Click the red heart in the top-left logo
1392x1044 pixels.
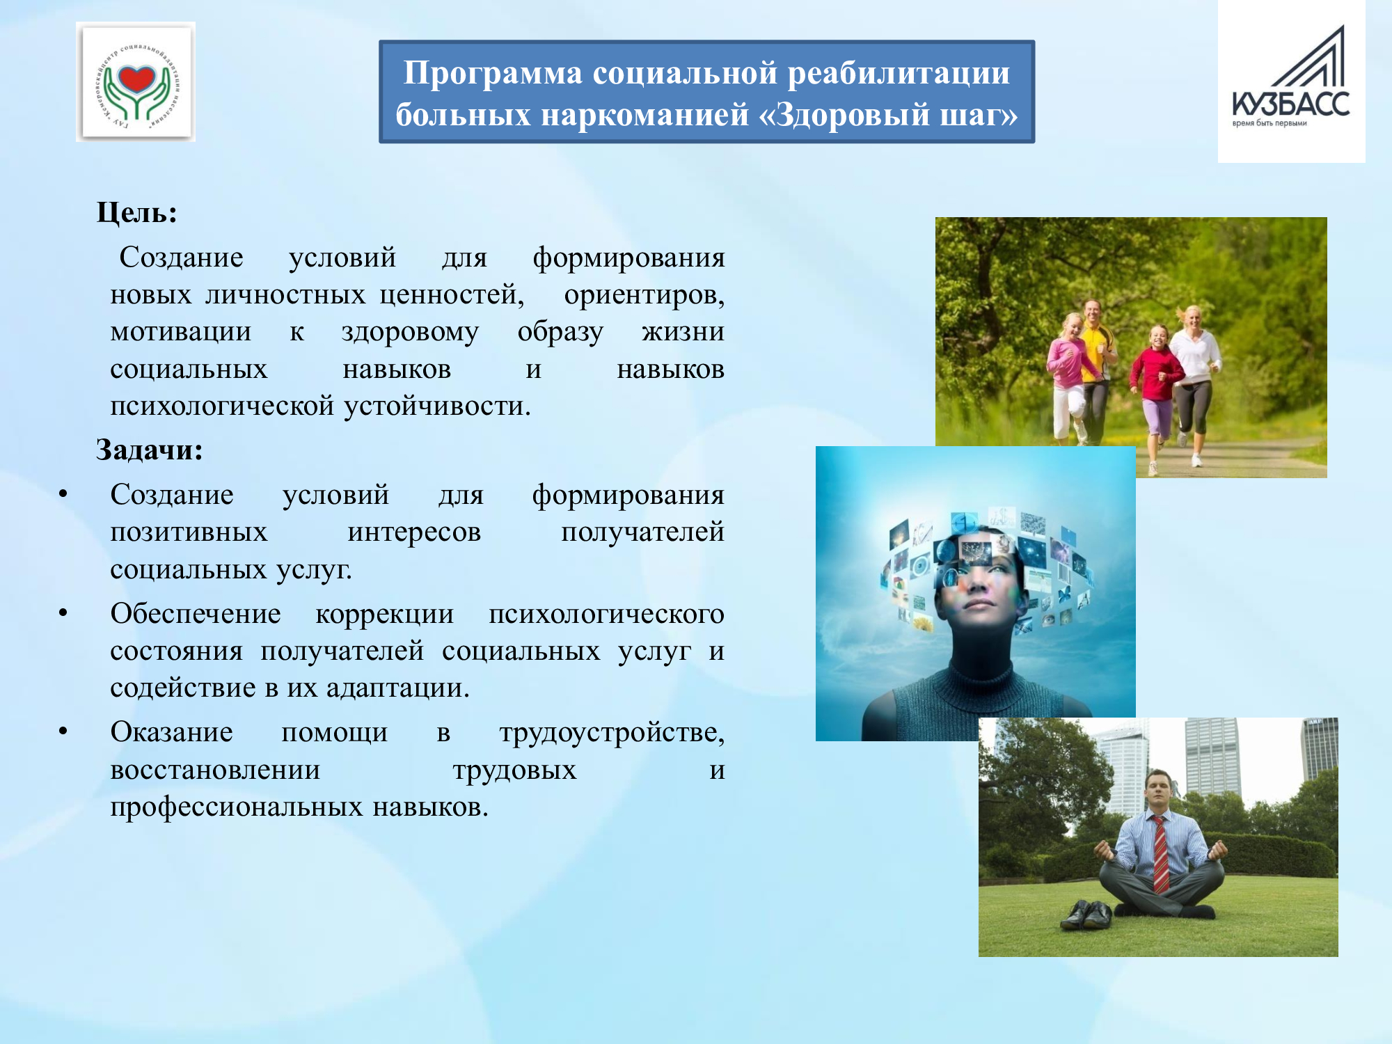tap(136, 79)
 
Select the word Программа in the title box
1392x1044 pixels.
tap(493, 73)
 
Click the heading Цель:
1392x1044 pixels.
tap(137, 212)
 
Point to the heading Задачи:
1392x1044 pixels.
tap(150, 450)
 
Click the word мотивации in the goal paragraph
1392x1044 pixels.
tap(181, 332)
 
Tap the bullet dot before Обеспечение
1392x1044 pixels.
tap(63, 612)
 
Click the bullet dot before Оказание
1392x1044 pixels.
tap(63, 731)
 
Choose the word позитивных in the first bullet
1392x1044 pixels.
tap(189, 532)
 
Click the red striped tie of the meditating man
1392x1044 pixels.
tap(1161, 855)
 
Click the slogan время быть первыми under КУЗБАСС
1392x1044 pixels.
tap(1270, 124)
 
